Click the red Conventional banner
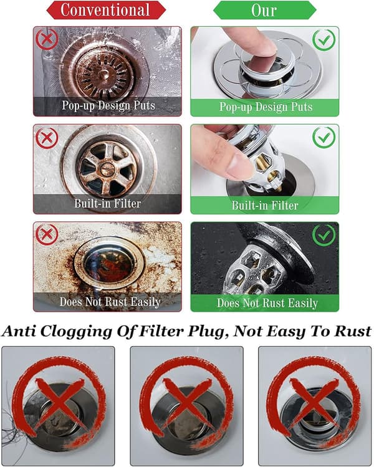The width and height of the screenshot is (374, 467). coord(106,10)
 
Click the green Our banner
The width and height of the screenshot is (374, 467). coord(265,10)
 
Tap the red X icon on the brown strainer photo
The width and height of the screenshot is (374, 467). coord(47,39)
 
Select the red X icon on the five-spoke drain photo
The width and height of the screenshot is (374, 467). coord(47,138)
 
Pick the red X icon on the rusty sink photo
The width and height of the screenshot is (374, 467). coord(47,234)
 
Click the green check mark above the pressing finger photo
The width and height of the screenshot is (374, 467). coord(324,40)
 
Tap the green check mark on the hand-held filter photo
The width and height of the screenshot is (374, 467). coord(324,137)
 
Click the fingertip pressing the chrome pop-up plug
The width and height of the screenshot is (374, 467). coord(262,47)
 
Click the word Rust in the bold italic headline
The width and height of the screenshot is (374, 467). coord(353,331)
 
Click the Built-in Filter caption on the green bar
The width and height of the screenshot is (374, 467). coord(265,206)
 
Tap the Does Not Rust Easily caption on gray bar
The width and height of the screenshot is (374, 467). coord(110,302)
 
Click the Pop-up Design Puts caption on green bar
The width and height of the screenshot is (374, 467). coord(266,107)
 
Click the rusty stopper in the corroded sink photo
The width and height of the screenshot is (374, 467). coord(108,262)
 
